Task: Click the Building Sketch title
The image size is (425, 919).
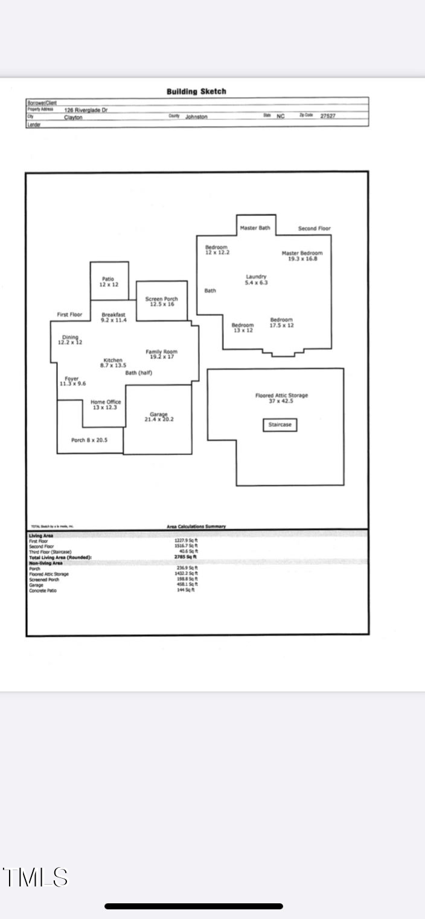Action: coord(196,92)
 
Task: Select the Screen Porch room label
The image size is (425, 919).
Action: coord(162,302)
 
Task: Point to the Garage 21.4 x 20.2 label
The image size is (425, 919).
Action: coord(159,417)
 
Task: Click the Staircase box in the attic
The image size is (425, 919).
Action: coord(280,425)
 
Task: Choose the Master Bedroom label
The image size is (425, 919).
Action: coord(302,256)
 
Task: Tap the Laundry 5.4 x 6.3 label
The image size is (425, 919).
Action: coord(256,279)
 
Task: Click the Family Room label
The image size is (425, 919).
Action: coord(162,354)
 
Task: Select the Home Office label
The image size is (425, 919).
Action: coord(106,405)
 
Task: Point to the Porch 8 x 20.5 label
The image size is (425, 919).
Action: coord(89,440)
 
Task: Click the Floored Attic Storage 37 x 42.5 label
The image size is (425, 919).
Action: coord(281,398)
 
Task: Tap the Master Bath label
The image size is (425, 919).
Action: coord(255,228)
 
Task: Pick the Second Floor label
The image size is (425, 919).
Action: coord(315,229)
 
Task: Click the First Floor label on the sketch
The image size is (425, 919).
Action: coord(69,315)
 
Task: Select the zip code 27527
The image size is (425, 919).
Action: coord(328,116)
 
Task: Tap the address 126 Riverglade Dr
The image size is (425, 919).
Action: coord(86,110)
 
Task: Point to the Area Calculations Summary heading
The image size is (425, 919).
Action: coord(196,526)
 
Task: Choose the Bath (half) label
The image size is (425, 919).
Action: coord(139,373)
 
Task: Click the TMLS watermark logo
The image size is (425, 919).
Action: coord(36,877)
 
